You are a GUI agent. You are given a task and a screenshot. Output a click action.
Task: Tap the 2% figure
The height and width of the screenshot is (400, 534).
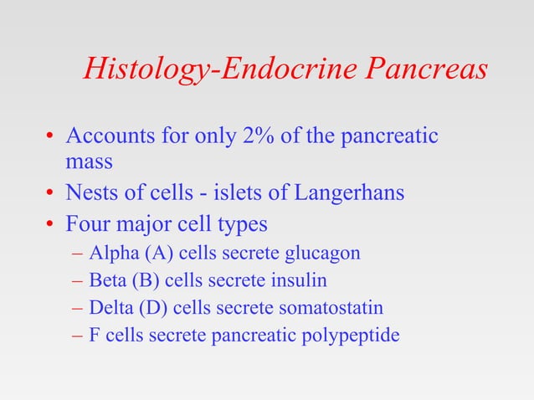[265, 136]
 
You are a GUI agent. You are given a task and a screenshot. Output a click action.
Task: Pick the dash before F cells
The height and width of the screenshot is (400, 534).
[78, 336]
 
